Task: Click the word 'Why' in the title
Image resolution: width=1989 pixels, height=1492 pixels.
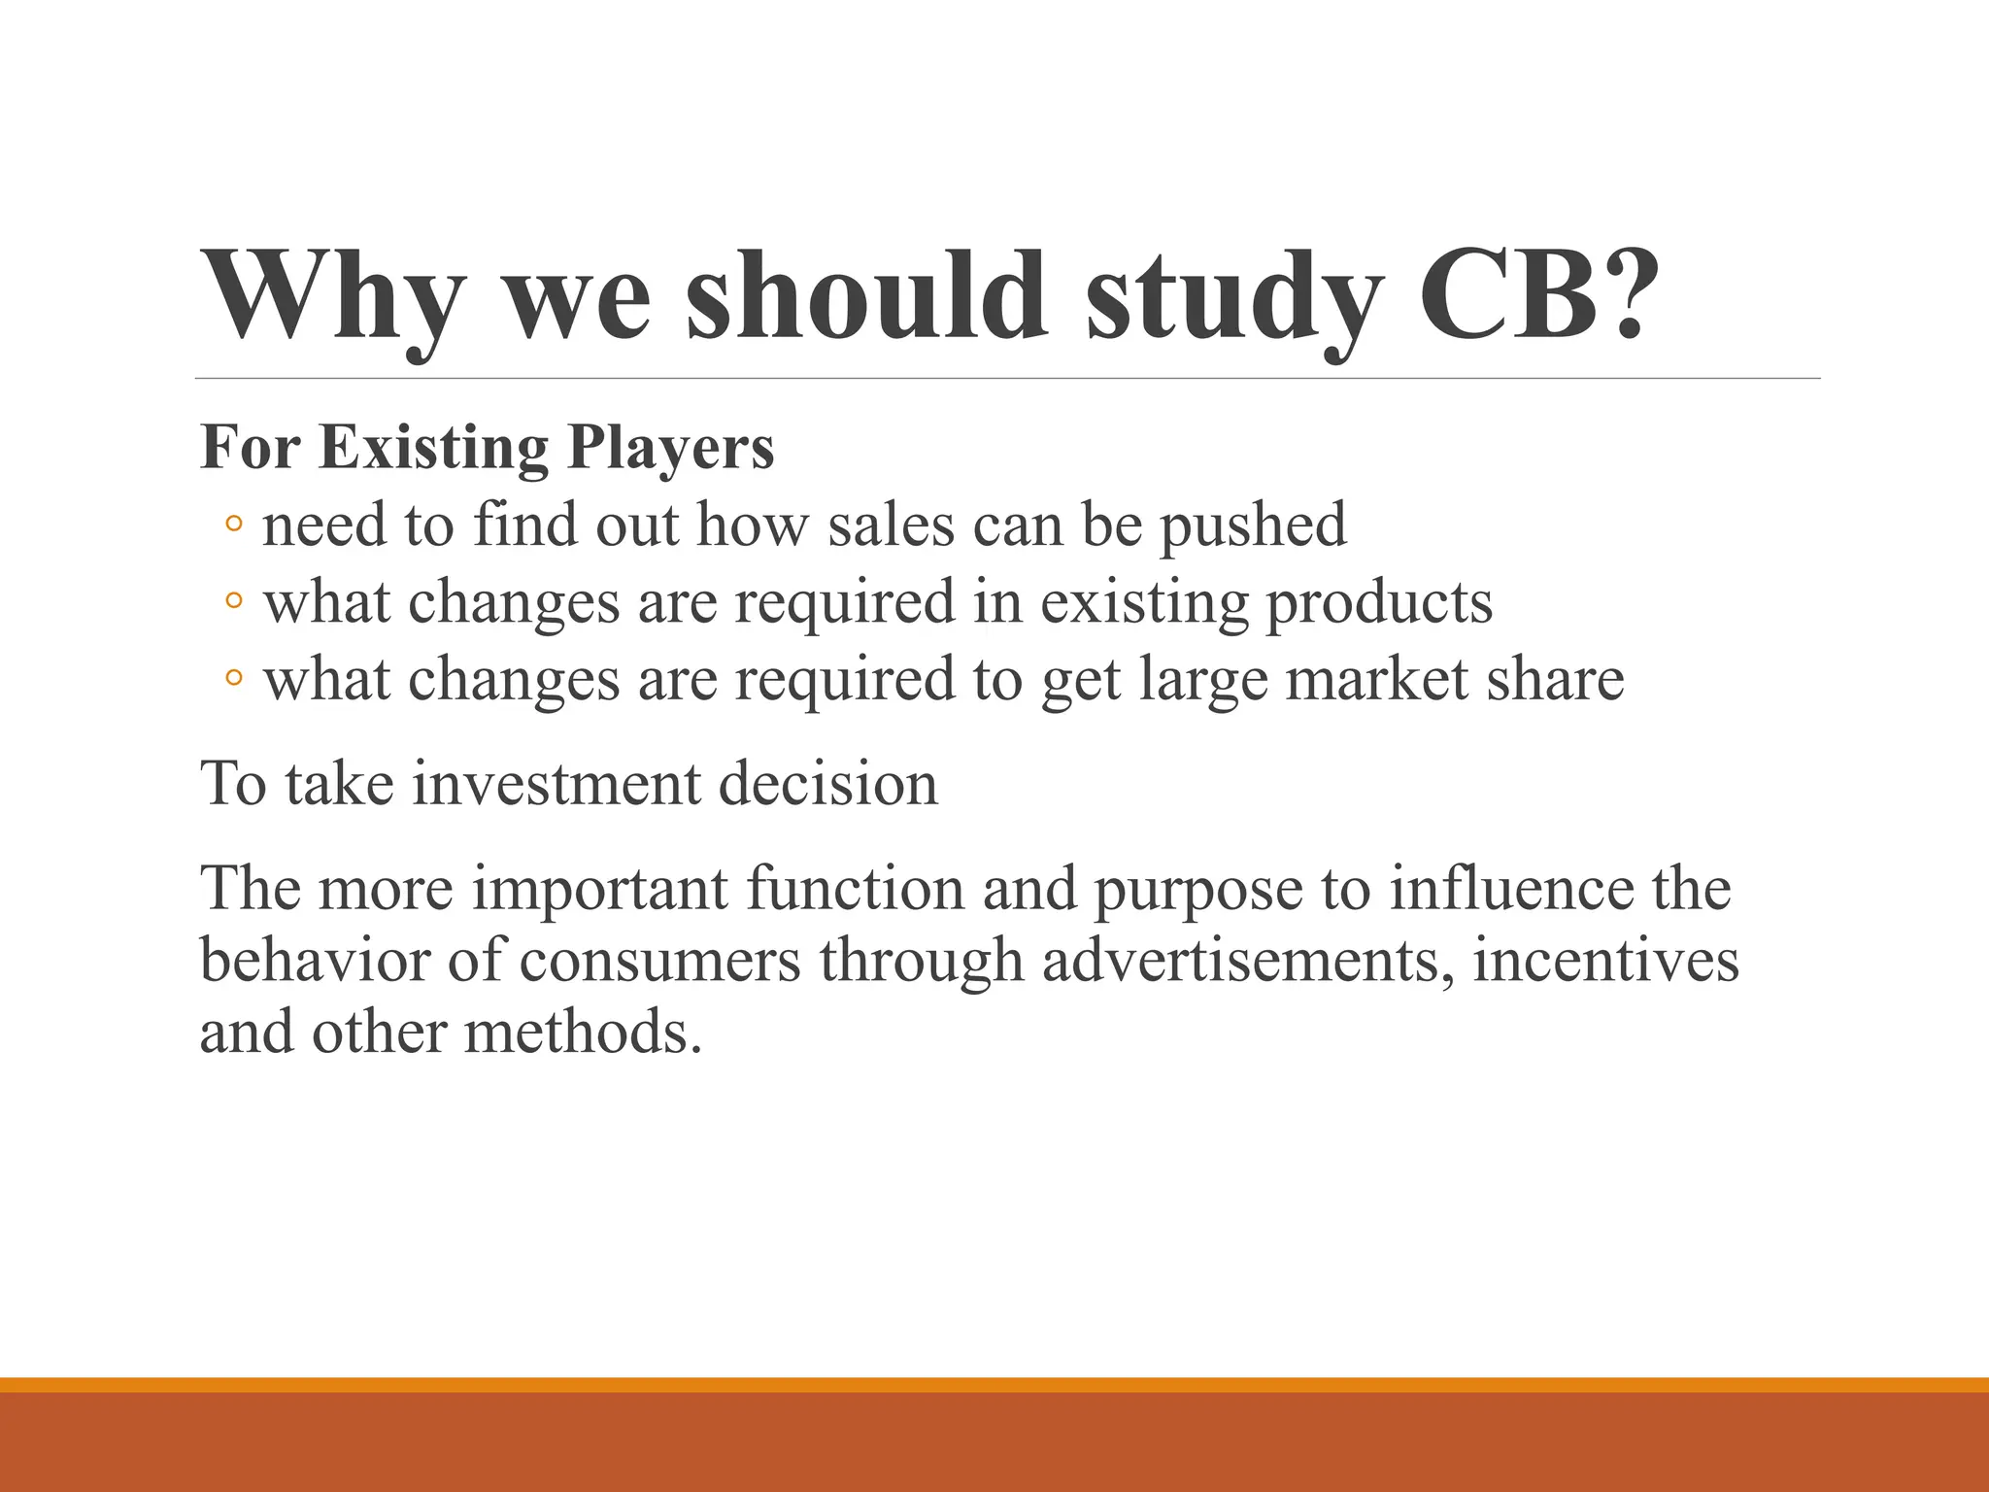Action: click(330, 296)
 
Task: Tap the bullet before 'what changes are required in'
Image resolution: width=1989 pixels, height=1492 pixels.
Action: click(233, 602)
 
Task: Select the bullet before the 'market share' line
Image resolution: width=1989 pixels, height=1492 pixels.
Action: click(233, 679)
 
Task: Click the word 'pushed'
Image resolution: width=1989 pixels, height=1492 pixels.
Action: click(1254, 526)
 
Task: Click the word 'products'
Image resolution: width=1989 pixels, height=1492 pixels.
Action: click(1379, 602)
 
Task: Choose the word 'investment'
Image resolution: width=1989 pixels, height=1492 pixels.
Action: click(556, 784)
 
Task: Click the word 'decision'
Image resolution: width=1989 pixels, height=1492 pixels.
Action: click(828, 784)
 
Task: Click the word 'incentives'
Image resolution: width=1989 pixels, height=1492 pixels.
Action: click(1605, 961)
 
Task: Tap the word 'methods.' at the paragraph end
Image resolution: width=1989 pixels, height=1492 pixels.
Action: click(583, 1032)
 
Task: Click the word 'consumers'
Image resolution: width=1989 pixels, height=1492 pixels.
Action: click(660, 961)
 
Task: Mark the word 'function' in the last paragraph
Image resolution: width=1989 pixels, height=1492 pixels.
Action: click(855, 889)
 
